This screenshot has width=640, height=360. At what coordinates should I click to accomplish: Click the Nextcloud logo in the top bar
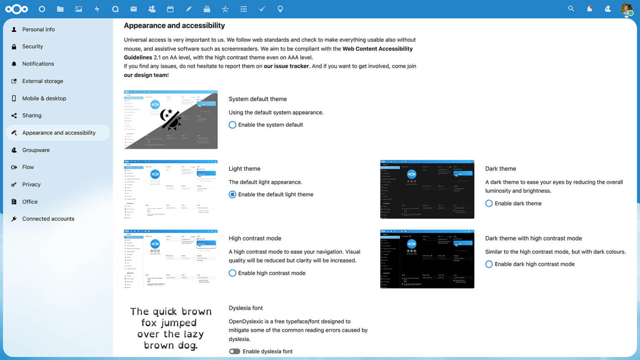pos(17,9)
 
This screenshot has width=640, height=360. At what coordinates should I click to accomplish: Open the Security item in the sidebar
pos(32,47)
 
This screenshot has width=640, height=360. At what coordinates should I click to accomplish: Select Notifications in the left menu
pos(38,64)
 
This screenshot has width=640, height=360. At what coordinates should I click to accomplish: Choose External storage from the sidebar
pos(42,81)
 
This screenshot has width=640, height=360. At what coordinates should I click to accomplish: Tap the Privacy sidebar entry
pos(31,185)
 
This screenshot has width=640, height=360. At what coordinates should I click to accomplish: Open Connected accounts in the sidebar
pos(48,219)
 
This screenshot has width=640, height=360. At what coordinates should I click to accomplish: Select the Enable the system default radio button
pos(232,125)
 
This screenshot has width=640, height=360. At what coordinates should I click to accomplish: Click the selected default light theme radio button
pos(232,195)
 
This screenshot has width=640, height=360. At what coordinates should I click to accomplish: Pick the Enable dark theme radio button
pos(489,203)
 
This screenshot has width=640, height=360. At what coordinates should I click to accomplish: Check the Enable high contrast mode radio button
pos(232,273)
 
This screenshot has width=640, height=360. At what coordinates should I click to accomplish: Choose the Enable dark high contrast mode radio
pos(489,264)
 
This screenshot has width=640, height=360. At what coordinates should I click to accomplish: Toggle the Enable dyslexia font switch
pos(235,352)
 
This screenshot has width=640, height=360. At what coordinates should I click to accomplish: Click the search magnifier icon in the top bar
pos(571,9)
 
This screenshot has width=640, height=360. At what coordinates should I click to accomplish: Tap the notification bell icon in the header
pos(590,9)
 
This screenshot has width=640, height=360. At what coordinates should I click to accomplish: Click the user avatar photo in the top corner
pos(626,9)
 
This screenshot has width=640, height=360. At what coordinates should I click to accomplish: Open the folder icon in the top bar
pos(60,9)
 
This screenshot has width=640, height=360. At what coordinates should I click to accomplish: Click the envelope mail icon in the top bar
pos(134,9)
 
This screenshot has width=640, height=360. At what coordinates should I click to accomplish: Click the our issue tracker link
pos(286,66)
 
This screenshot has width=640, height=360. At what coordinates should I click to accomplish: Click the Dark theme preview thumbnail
pos(427,190)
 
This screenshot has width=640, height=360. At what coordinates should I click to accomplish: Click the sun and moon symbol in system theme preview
pos(170,119)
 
